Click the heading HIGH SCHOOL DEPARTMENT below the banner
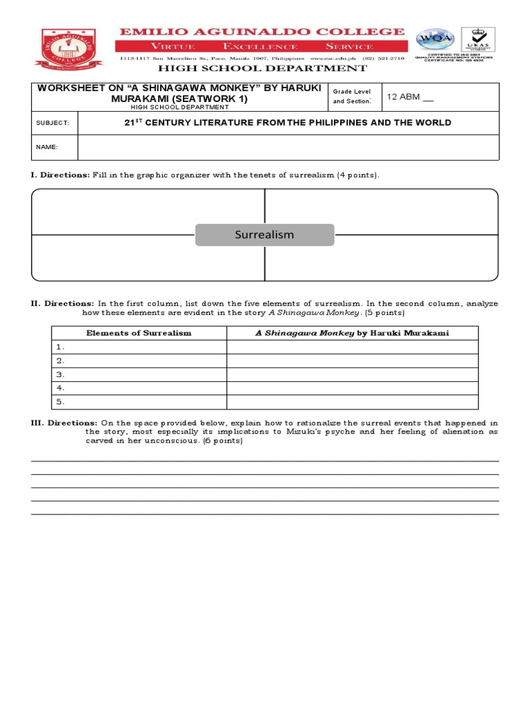point(264,68)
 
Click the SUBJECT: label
point(52,123)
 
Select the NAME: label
point(47,147)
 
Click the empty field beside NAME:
point(288,147)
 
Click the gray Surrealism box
point(264,234)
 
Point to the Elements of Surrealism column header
point(139,333)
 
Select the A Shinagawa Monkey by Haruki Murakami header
point(352,333)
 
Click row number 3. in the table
point(61,374)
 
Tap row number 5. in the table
point(61,401)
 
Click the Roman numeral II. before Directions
point(37,303)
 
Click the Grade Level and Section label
point(353,97)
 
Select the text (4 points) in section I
point(357,175)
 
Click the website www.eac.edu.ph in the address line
point(330,59)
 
